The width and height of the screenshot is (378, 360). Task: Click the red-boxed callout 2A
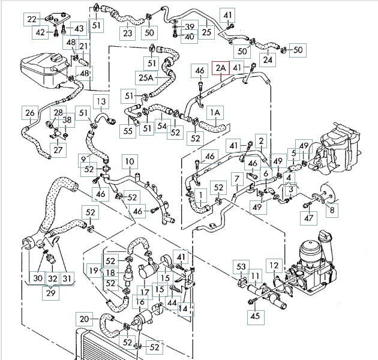(x=220, y=69)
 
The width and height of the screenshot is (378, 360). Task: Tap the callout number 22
(x=31, y=20)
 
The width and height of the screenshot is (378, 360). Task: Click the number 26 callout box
(x=29, y=112)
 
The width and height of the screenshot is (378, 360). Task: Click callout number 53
(x=242, y=266)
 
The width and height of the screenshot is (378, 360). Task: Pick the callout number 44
(x=173, y=303)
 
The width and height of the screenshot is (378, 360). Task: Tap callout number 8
(x=332, y=209)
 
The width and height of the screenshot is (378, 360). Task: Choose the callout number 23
(x=127, y=34)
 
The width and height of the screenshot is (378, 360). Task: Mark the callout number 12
(x=274, y=265)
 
